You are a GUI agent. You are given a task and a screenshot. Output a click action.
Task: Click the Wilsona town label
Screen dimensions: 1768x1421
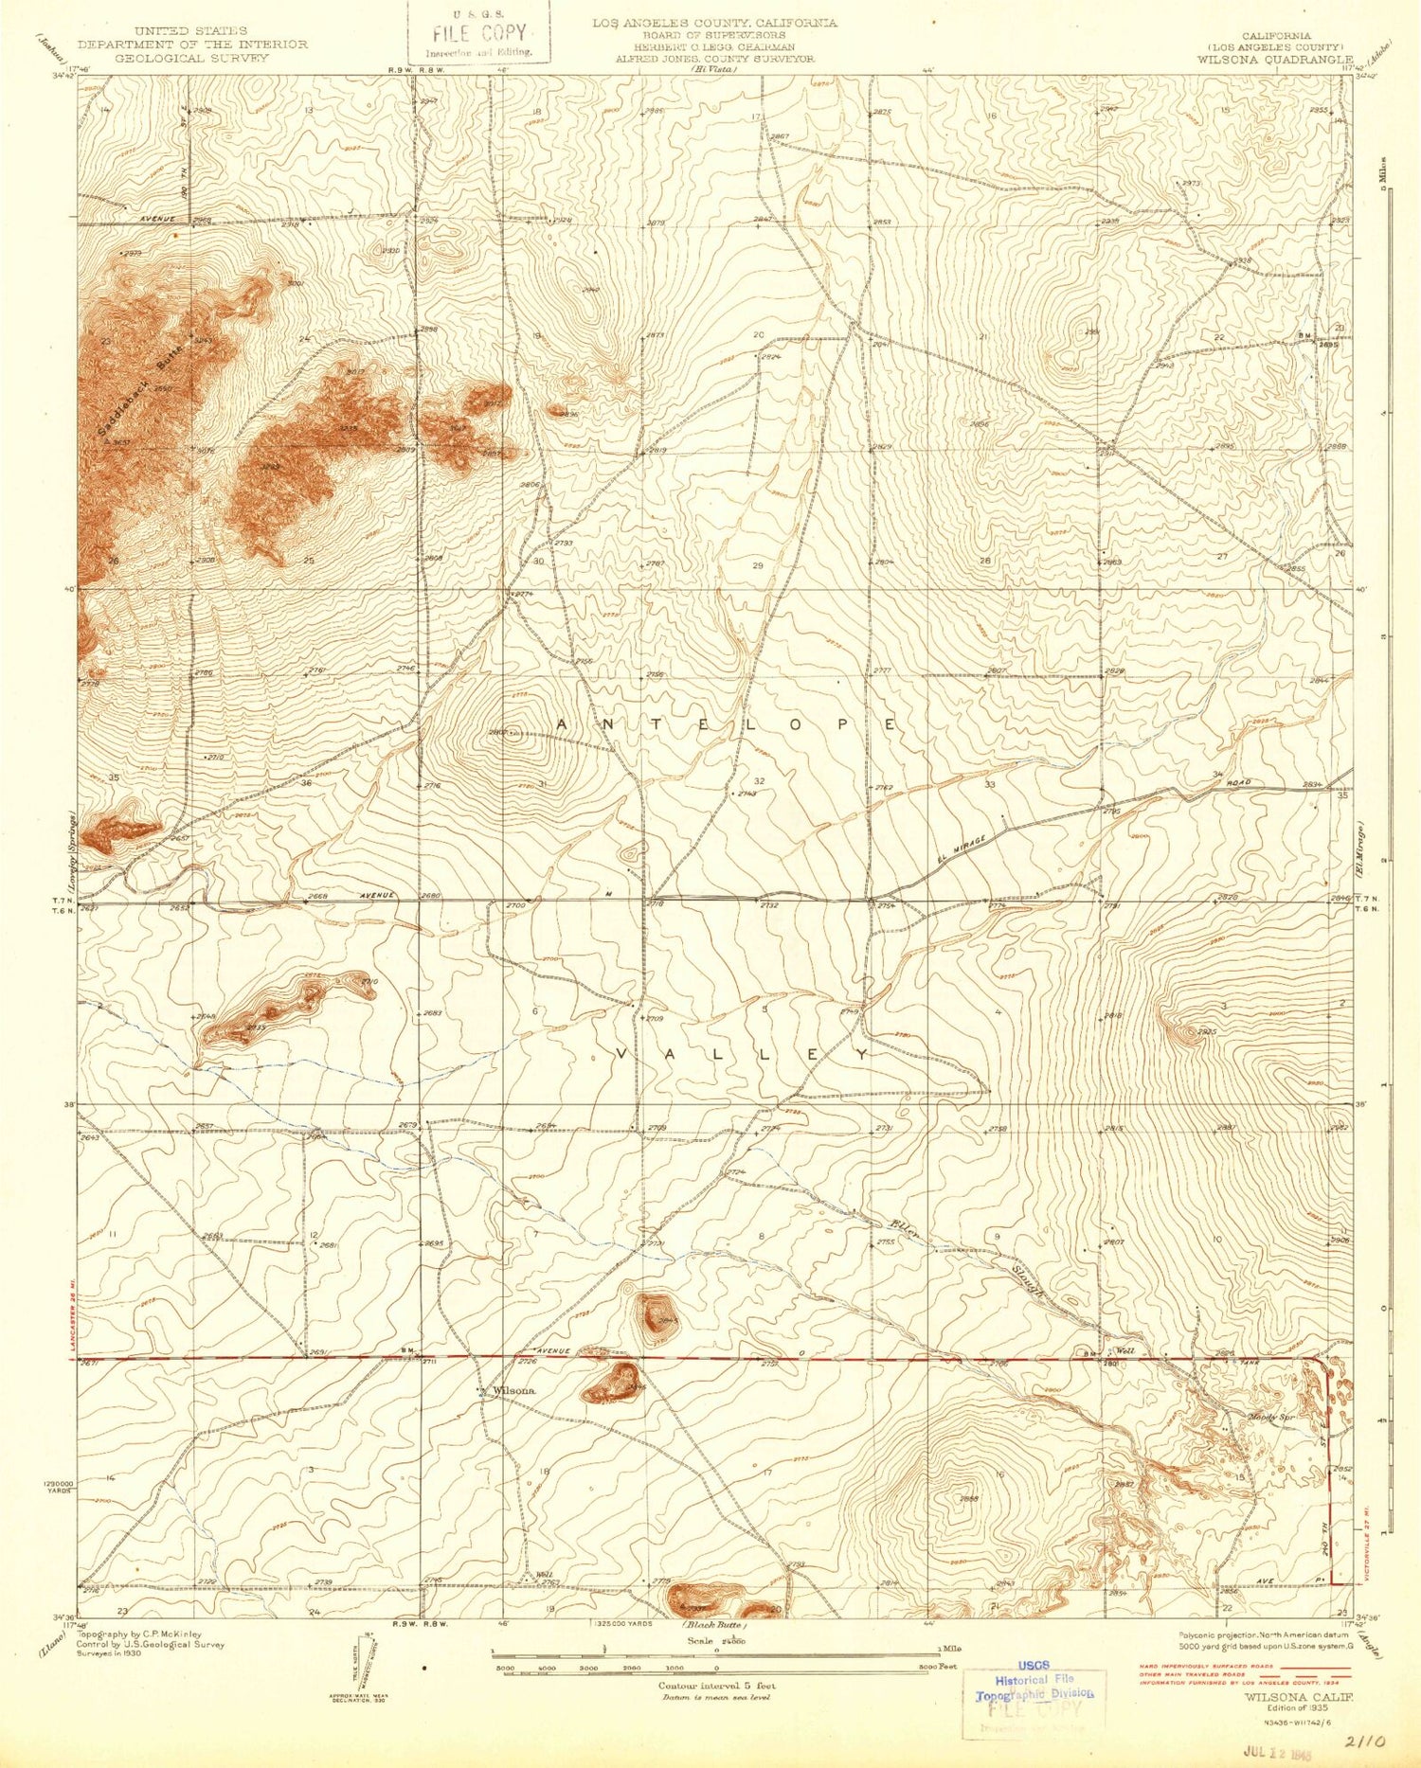[x=514, y=1391]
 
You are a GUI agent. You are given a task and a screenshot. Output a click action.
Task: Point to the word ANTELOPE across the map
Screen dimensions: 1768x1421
[x=725, y=724]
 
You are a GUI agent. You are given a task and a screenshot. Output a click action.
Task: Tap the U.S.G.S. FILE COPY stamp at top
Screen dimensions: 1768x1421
[x=479, y=32]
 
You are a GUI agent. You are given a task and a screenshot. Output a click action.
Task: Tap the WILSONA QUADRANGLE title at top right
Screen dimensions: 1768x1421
[x=1275, y=58]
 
